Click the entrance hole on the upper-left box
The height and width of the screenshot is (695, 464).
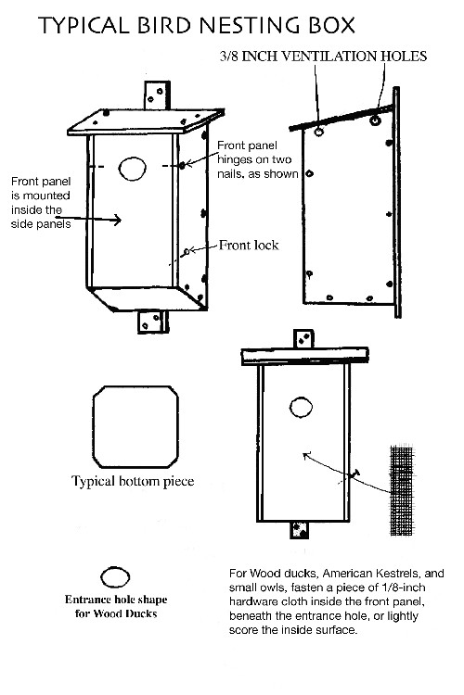(133, 169)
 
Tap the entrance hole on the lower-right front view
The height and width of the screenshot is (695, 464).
(301, 408)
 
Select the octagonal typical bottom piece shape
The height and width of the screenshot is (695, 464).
(135, 427)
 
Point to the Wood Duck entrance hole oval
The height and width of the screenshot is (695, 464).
(115, 577)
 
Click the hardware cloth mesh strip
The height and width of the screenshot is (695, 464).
(402, 490)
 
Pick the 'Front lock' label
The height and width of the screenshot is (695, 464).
(249, 246)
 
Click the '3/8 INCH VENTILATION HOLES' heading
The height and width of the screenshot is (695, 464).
(323, 57)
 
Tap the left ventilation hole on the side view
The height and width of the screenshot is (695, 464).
(319, 132)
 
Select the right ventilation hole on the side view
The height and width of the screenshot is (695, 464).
(376, 120)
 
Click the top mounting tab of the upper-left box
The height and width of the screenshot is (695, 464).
(157, 95)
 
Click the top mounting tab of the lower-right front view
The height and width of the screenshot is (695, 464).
(303, 339)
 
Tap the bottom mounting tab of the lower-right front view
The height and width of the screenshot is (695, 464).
(299, 530)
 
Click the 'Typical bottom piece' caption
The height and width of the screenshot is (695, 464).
(133, 481)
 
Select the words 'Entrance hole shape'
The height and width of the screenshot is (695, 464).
(116, 600)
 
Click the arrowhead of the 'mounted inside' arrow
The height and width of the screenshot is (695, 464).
(118, 220)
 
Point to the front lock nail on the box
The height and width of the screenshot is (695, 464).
(187, 252)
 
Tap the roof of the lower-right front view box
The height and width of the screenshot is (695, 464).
(305, 356)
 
